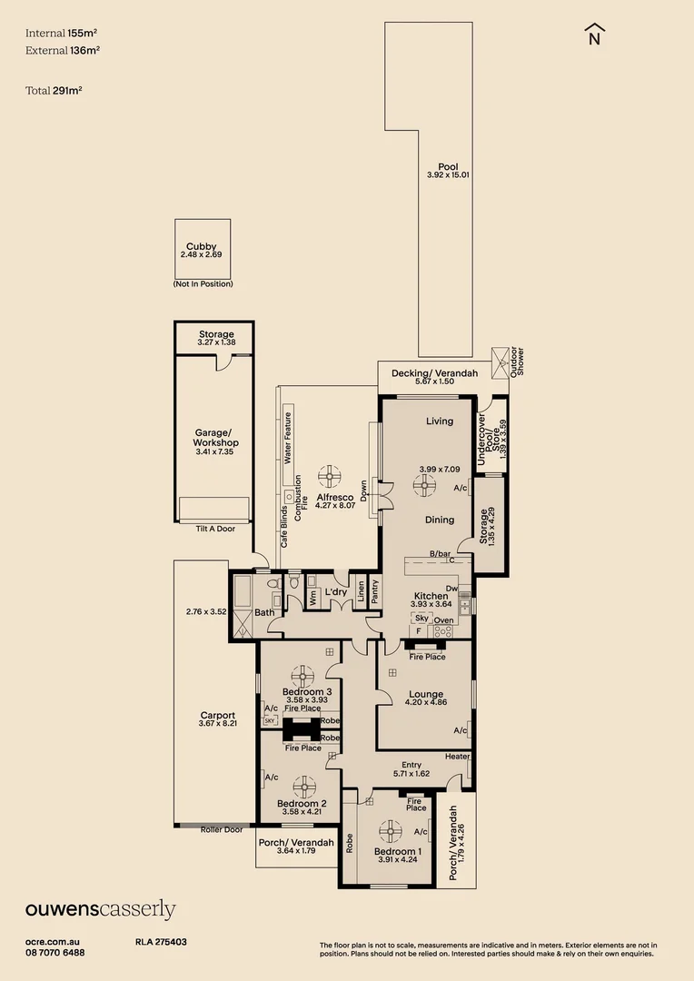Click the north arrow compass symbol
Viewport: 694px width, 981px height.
[x=595, y=34]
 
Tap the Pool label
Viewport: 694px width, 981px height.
[x=448, y=167]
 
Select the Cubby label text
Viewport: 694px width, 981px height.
[x=201, y=246]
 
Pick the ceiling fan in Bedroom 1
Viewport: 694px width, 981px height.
[x=391, y=828]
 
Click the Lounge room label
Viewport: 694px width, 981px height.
[x=426, y=695]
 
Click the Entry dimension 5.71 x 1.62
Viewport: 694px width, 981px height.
[x=411, y=774]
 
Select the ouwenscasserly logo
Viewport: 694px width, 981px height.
[x=100, y=909]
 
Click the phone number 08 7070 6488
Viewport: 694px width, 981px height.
[x=55, y=952]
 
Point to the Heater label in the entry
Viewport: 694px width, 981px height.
[x=457, y=757]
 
